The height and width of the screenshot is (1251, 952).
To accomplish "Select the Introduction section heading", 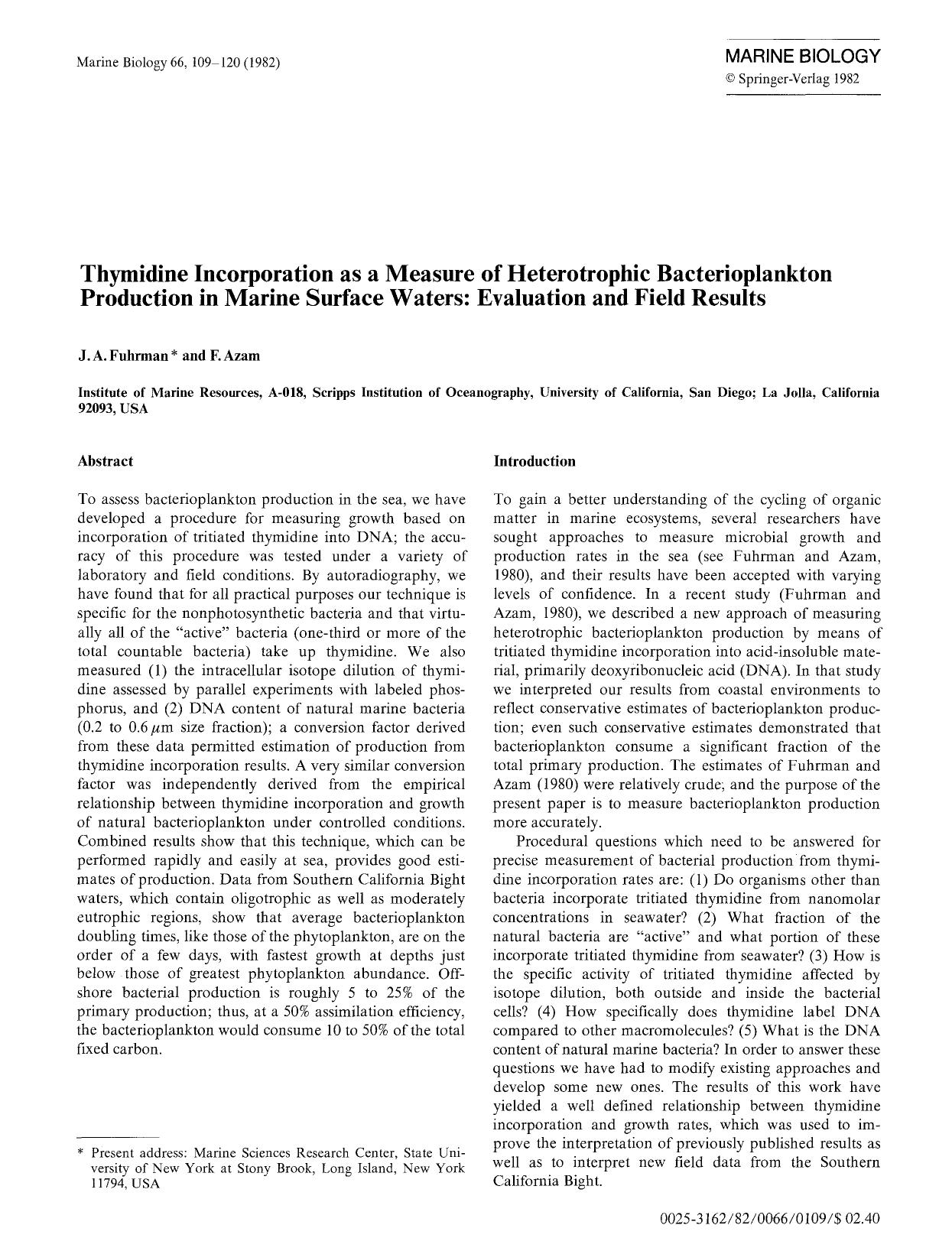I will click(x=534, y=461).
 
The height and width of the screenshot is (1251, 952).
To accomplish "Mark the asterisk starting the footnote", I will click(x=82, y=1152).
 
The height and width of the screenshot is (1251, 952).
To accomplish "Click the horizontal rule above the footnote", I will click(x=118, y=1137).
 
